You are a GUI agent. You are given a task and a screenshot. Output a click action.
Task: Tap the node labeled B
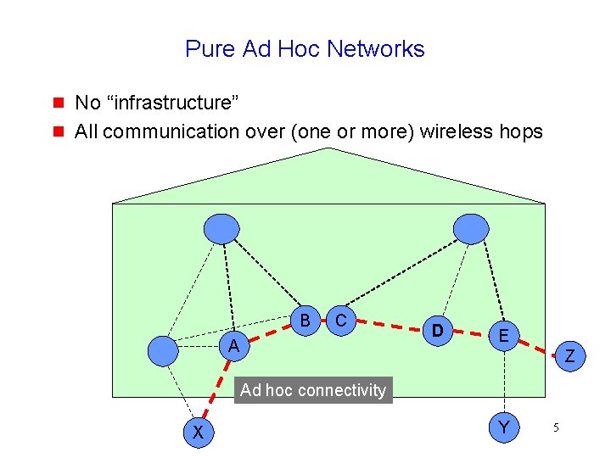[303, 320]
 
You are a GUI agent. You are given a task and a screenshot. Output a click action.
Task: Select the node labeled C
[340, 320]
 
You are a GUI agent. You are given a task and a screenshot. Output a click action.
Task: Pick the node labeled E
[504, 336]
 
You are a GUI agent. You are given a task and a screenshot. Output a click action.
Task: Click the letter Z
[570, 359]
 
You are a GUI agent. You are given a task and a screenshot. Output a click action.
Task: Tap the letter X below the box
[198, 433]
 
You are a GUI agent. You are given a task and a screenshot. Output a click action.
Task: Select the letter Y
[504, 428]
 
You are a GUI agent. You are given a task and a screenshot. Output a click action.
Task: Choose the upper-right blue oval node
[471, 227]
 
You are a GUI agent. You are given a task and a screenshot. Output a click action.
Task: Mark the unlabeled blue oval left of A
[163, 349]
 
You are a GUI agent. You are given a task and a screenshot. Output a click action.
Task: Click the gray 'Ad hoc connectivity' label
[312, 390]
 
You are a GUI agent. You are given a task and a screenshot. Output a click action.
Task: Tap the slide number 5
[556, 428]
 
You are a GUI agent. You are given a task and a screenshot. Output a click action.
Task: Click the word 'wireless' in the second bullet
[457, 131]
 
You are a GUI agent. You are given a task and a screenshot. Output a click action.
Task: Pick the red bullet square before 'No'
[59, 103]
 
